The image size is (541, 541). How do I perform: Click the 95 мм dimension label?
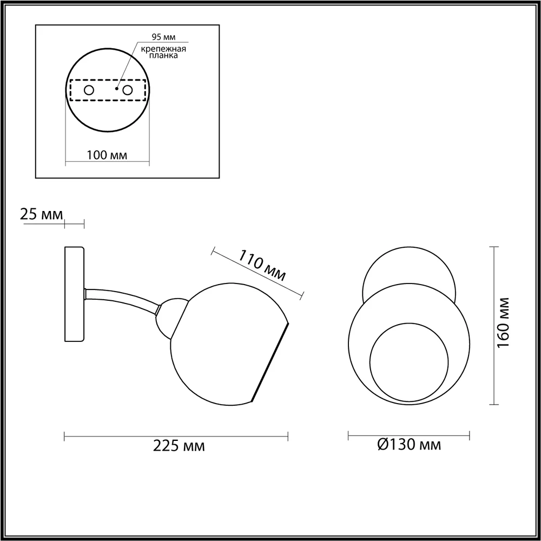click(x=163, y=37)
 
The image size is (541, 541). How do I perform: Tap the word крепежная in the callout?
click(x=163, y=49)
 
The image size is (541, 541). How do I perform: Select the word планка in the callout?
click(x=163, y=56)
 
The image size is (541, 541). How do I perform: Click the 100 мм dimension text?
click(x=107, y=155)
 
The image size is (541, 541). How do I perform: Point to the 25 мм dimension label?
click(x=42, y=214)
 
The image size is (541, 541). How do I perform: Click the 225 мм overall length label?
click(x=179, y=446)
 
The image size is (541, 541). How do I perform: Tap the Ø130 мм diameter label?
click(x=409, y=444)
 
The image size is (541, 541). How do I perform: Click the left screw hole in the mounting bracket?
click(x=89, y=90)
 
